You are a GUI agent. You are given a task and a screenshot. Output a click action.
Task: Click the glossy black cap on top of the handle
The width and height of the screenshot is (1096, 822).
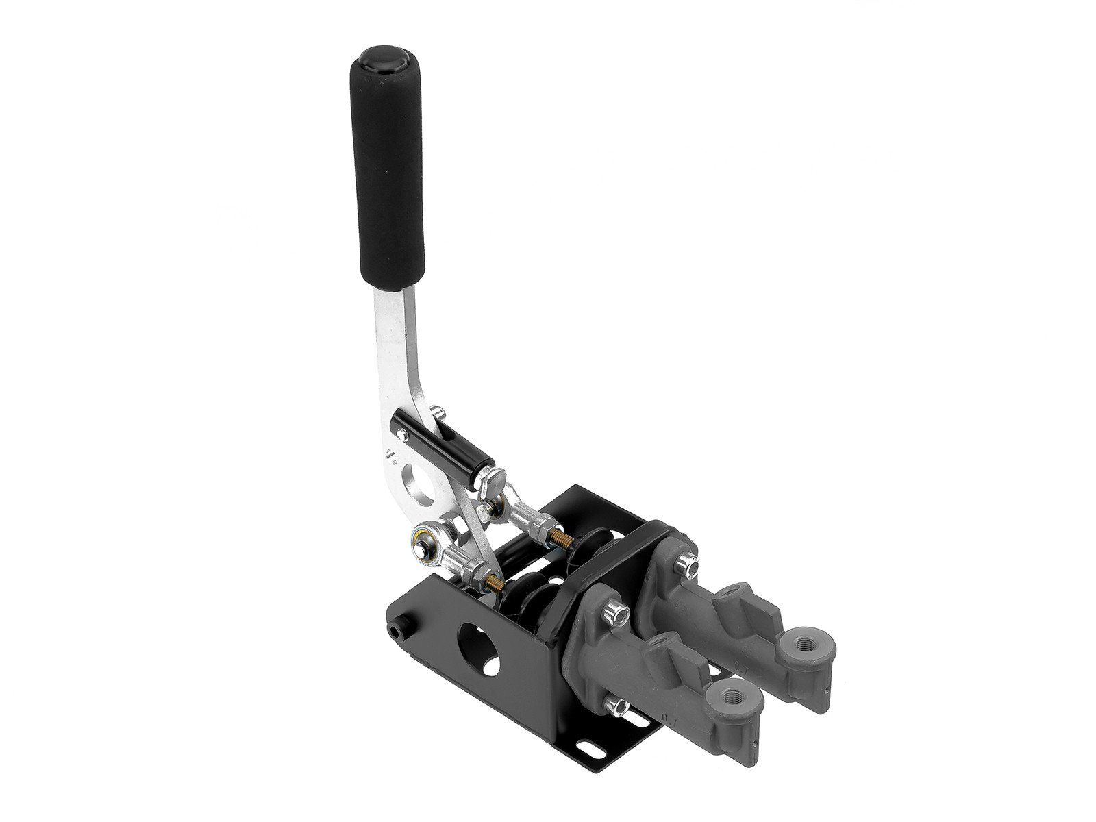point(378,58)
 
